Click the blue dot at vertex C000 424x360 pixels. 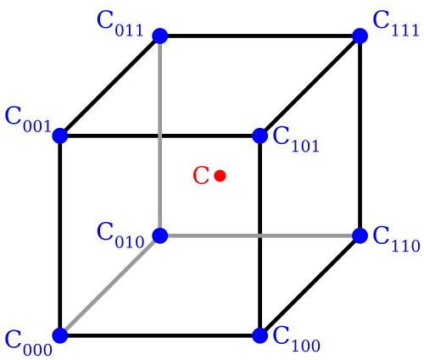(x=60, y=335)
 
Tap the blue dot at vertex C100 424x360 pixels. (x=259, y=335)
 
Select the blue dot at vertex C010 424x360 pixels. (x=160, y=235)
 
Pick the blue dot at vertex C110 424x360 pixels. (x=360, y=235)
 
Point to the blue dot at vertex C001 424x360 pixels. (x=60, y=136)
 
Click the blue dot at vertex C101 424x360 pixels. (x=259, y=136)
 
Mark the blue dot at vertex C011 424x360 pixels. (x=160, y=36)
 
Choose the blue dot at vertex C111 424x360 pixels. (x=360, y=36)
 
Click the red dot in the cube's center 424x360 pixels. (x=220, y=176)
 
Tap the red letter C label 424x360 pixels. (x=201, y=175)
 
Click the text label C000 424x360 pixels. (x=29, y=342)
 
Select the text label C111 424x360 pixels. (x=396, y=24)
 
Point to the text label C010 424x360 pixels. (x=120, y=235)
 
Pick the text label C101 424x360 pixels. (x=296, y=140)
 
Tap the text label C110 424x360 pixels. (x=396, y=239)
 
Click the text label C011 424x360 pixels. (x=120, y=24)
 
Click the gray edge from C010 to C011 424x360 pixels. (x=160, y=136)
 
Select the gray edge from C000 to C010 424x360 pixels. (x=110, y=285)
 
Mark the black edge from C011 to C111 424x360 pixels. (x=260, y=36)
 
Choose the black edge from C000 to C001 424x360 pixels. (x=60, y=235)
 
